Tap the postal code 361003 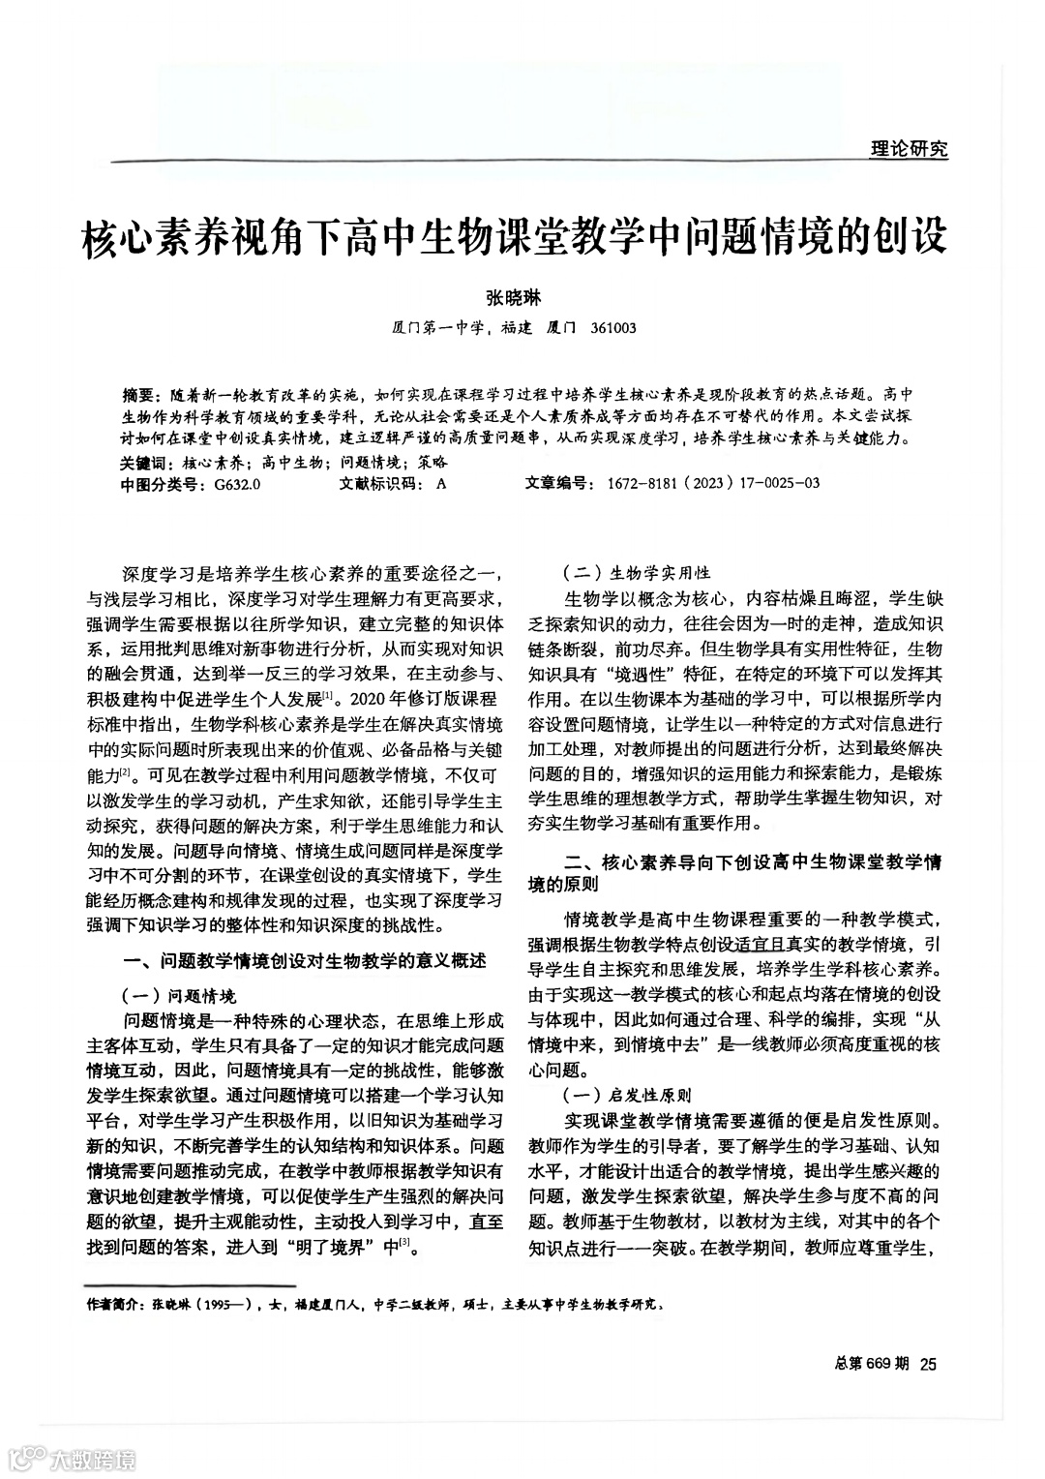pos(612,327)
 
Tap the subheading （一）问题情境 pos(178,995)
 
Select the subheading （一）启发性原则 pos(625,1096)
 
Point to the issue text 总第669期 pos(870,1364)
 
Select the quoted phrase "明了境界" pos(326,1247)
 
